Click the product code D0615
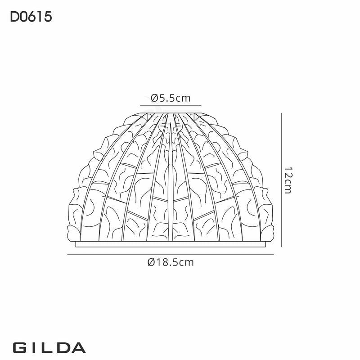click(x=30, y=17)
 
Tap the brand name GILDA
click(x=49, y=348)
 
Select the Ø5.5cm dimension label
click(x=171, y=98)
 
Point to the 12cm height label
click(x=288, y=180)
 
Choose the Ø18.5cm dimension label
click(x=171, y=262)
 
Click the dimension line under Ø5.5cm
click(x=171, y=105)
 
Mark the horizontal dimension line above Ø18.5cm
click(x=171, y=255)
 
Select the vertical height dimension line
click(x=282, y=180)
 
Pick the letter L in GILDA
click(x=48, y=348)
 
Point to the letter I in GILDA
click(x=34, y=348)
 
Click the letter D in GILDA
click(x=63, y=348)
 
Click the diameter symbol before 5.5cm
click(x=154, y=98)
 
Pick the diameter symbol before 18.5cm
click(x=151, y=262)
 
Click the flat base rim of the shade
click(x=171, y=245)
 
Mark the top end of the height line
click(x=282, y=114)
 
